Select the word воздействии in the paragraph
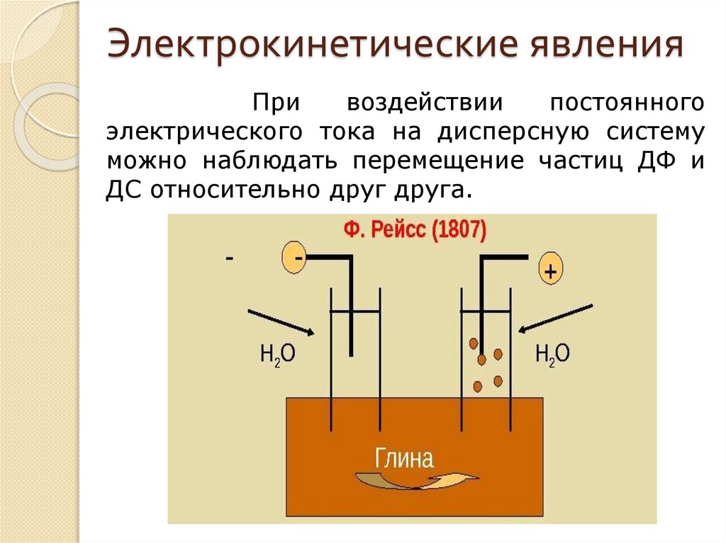pyautogui.click(x=425, y=104)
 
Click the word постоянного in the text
pyautogui.click(x=627, y=104)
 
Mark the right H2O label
pyautogui.click(x=551, y=354)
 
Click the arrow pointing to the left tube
pyautogui.click(x=280, y=322)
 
